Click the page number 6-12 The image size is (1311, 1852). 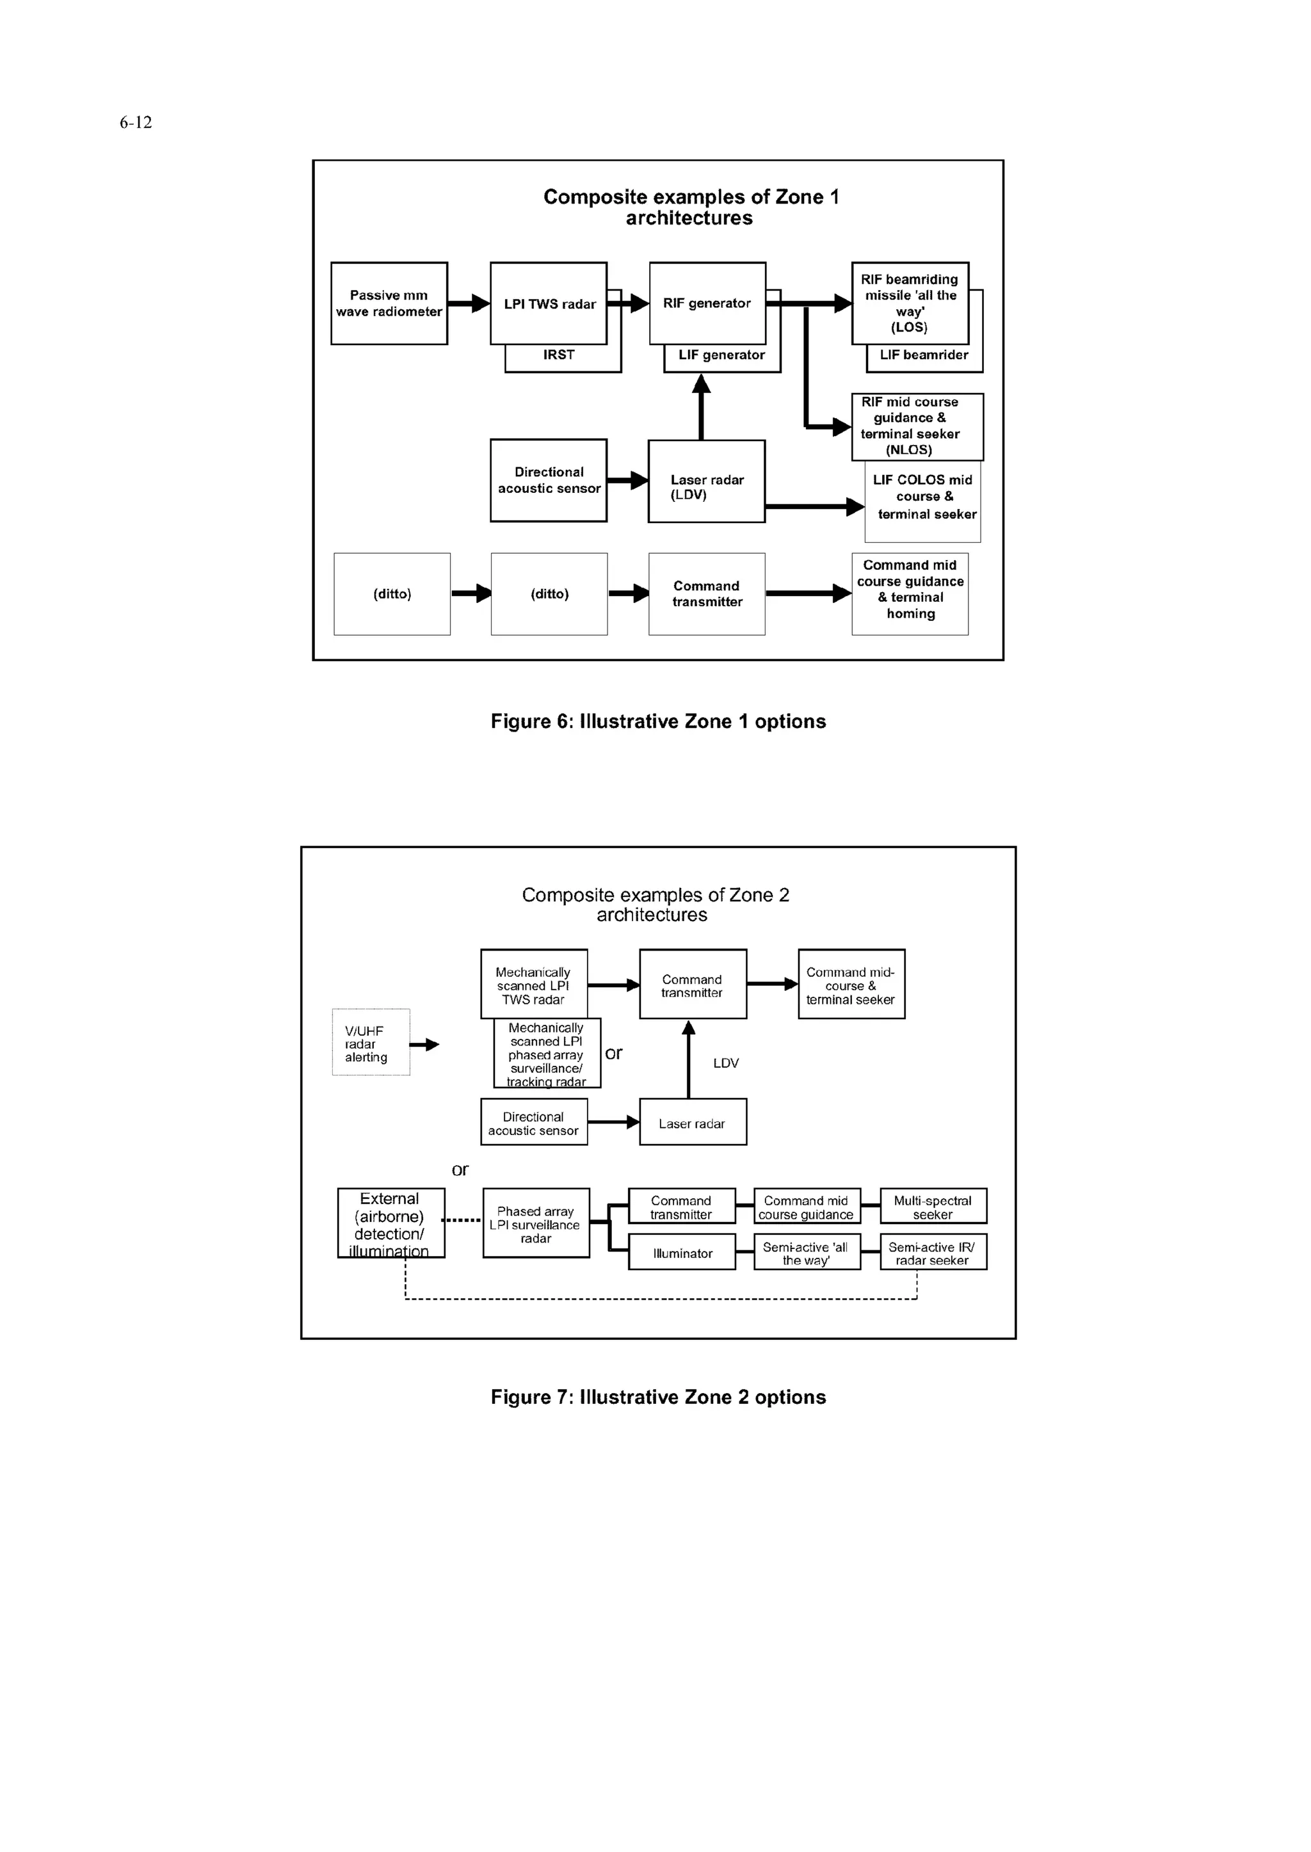(136, 123)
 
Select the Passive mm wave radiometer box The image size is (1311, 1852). (389, 303)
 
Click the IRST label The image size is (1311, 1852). (559, 355)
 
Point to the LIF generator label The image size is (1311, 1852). (721, 355)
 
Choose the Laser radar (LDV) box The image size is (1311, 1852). (706, 481)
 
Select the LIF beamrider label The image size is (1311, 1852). (924, 355)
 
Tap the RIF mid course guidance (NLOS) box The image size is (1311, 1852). (917, 426)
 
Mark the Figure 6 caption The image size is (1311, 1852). (658, 721)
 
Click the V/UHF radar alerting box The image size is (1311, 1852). (371, 1042)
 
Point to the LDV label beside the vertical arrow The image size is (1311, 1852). (726, 1063)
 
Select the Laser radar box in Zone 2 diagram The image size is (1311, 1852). (693, 1122)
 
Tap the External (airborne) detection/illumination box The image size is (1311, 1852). (390, 1223)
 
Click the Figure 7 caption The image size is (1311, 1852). (658, 1397)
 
